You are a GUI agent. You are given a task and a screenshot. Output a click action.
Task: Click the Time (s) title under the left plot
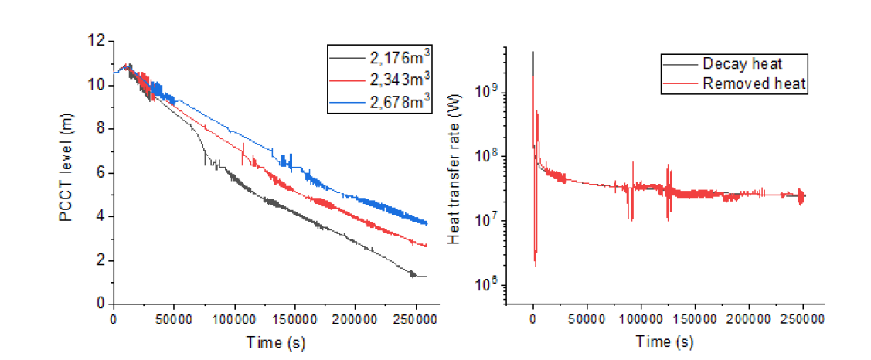tap(275, 341)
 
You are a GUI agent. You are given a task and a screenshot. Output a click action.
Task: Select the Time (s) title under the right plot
tap(665, 341)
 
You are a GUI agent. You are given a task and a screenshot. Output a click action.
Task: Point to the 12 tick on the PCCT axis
tap(99, 40)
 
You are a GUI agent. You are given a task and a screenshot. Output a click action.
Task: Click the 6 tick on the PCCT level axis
tap(102, 172)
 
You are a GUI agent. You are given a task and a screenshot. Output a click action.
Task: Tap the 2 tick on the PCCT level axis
tap(102, 260)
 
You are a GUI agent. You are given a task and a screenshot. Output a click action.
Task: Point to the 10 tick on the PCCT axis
tap(99, 84)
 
